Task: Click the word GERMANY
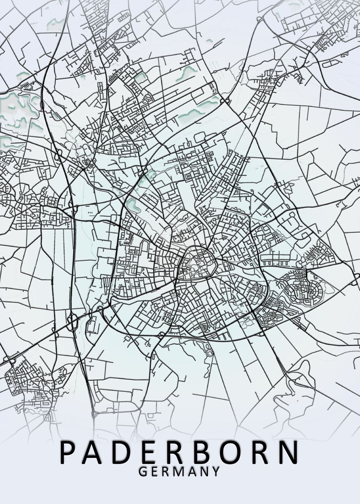(179, 472)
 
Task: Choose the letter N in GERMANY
(204, 472)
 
